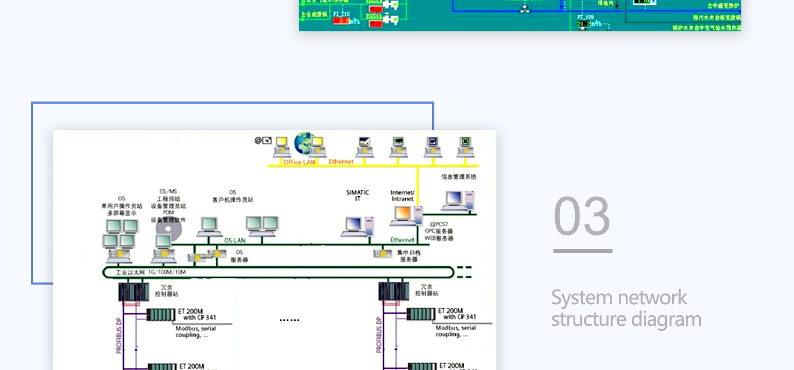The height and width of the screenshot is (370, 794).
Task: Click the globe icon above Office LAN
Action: click(305, 142)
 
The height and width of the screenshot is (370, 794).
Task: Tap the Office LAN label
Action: click(299, 162)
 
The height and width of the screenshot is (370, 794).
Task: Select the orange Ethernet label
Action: click(341, 161)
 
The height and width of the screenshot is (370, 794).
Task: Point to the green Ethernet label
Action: click(402, 240)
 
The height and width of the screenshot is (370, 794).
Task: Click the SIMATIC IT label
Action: click(358, 195)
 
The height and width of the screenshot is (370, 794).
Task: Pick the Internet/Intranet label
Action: click(402, 195)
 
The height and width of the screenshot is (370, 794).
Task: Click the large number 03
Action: click(582, 216)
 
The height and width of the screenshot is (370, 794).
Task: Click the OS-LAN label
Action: click(235, 240)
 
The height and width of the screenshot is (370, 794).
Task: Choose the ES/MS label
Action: click(168, 191)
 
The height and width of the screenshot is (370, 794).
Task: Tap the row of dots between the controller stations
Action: click(290, 320)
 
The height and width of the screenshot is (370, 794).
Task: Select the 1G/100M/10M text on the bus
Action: click(167, 272)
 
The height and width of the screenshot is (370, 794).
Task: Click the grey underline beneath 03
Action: click(583, 251)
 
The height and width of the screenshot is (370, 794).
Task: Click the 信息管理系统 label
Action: click(459, 176)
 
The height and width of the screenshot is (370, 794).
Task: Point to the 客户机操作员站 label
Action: click(233, 200)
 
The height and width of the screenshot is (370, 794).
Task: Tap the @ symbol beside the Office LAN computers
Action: click(259, 140)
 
